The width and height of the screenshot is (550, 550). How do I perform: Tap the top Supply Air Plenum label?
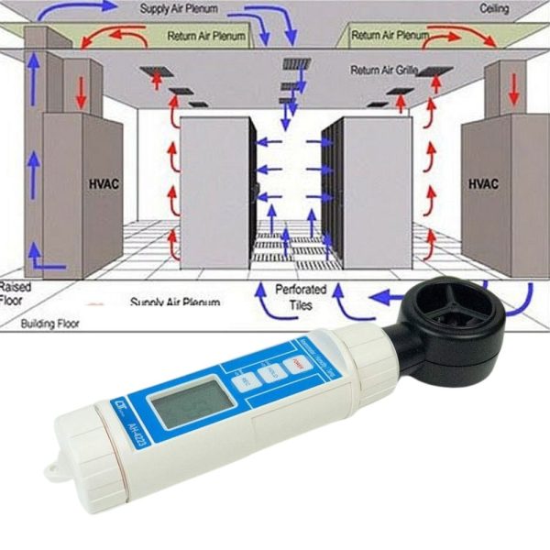(x=181, y=9)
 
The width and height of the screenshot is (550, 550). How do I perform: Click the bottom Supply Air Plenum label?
(x=175, y=302)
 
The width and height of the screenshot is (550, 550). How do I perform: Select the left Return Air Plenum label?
(x=208, y=37)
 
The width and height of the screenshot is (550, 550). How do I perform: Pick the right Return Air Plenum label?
(x=390, y=35)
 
